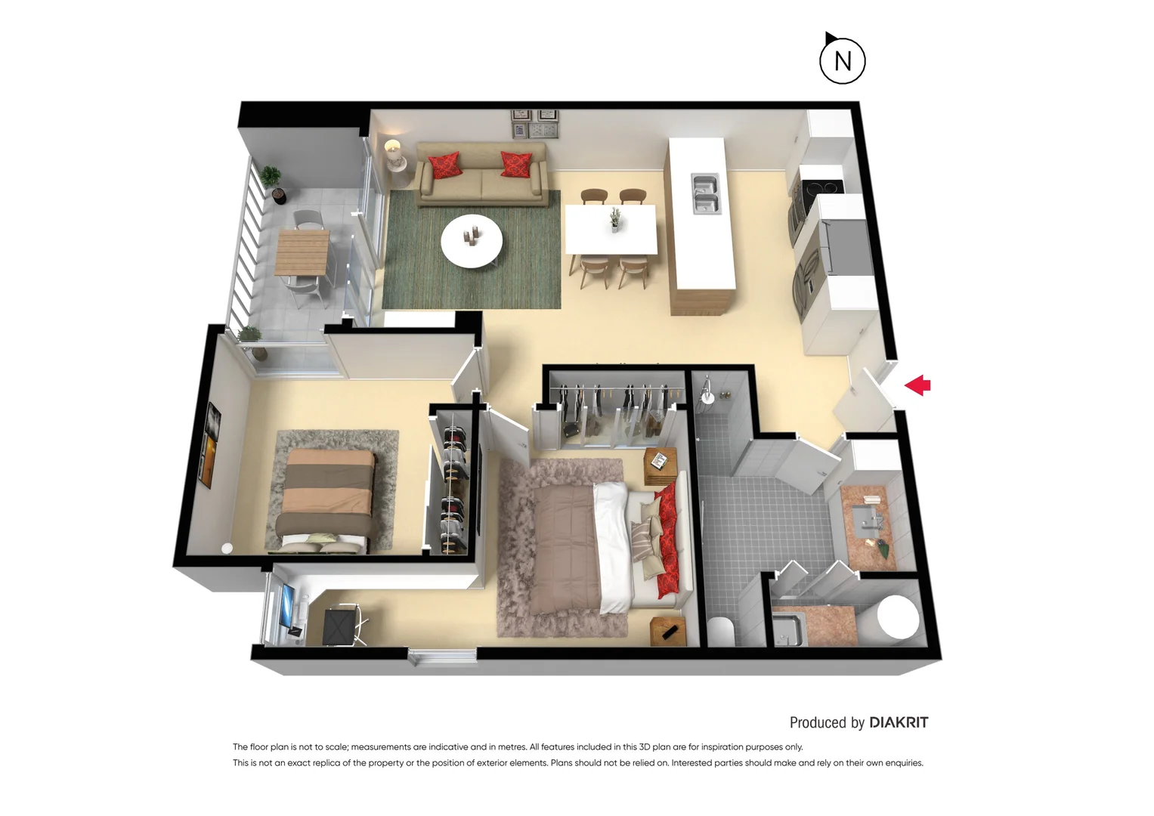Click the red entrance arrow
pos(917,385)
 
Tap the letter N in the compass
pos(843,61)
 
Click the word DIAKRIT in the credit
pos(899,722)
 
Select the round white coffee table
pos(472,241)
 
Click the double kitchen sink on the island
pos(706,193)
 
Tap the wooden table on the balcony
pos(302,252)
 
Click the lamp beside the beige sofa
pos(393,152)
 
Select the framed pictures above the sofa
pos(535,125)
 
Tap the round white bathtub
pos(898,617)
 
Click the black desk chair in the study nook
pos(340,627)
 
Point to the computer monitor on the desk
pos(288,607)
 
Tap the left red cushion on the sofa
pos(444,165)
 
